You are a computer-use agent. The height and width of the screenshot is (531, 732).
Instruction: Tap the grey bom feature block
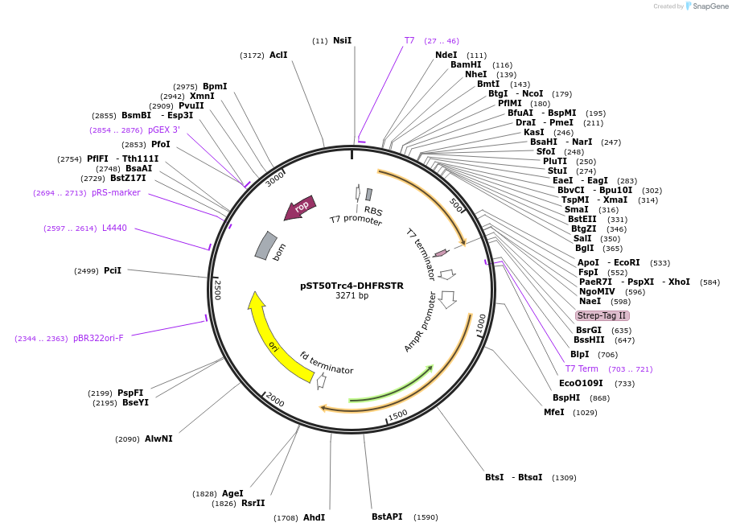click(266, 245)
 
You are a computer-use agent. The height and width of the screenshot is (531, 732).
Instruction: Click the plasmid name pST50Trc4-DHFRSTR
click(352, 285)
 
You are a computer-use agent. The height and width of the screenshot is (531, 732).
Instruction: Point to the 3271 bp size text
click(352, 296)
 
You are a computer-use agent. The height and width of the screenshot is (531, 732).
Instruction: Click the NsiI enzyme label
click(342, 40)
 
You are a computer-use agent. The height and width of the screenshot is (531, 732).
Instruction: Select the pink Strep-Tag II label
click(602, 315)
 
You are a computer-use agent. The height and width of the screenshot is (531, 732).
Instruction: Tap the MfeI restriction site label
click(553, 413)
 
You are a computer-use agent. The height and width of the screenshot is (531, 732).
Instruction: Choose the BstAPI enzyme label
click(387, 517)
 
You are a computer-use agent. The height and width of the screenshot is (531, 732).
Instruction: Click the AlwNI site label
click(158, 438)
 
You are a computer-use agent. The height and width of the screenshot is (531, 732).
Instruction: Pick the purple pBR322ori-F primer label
click(98, 338)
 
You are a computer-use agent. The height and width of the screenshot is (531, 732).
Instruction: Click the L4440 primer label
click(114, 228)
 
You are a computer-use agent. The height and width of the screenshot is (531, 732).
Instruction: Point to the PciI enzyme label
click(113, 270)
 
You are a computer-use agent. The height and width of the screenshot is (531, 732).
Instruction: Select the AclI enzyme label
click(278, 55)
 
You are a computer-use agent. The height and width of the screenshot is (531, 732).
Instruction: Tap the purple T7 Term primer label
click(582, 368)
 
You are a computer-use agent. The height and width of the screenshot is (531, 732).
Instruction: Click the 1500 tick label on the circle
click(397, 415)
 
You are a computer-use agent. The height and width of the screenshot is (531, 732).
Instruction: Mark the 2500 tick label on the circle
click(216, 289)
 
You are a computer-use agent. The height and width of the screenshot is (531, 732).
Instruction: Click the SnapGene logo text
click(710, 6)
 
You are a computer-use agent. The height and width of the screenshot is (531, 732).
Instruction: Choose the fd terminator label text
click(326, 363)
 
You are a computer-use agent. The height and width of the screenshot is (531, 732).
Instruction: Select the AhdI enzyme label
click(314, 517)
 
